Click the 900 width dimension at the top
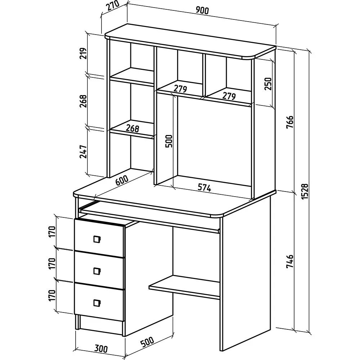point(203,11)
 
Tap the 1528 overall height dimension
point(305,191)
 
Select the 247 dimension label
point(83,152)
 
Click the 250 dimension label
point(267,83)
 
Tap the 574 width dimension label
point(204,187)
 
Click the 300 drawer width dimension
point(102,348)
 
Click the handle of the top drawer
point(96,238)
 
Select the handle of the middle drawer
point(96,271)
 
